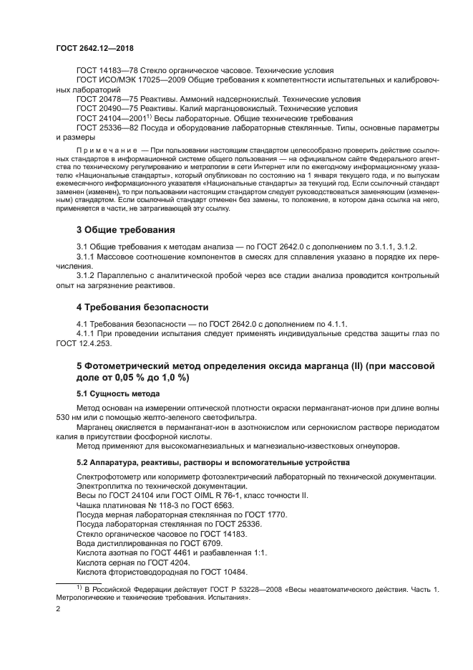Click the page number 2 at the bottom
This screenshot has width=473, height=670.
58,609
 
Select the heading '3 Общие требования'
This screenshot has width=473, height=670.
125,230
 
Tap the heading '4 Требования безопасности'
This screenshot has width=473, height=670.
142,307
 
